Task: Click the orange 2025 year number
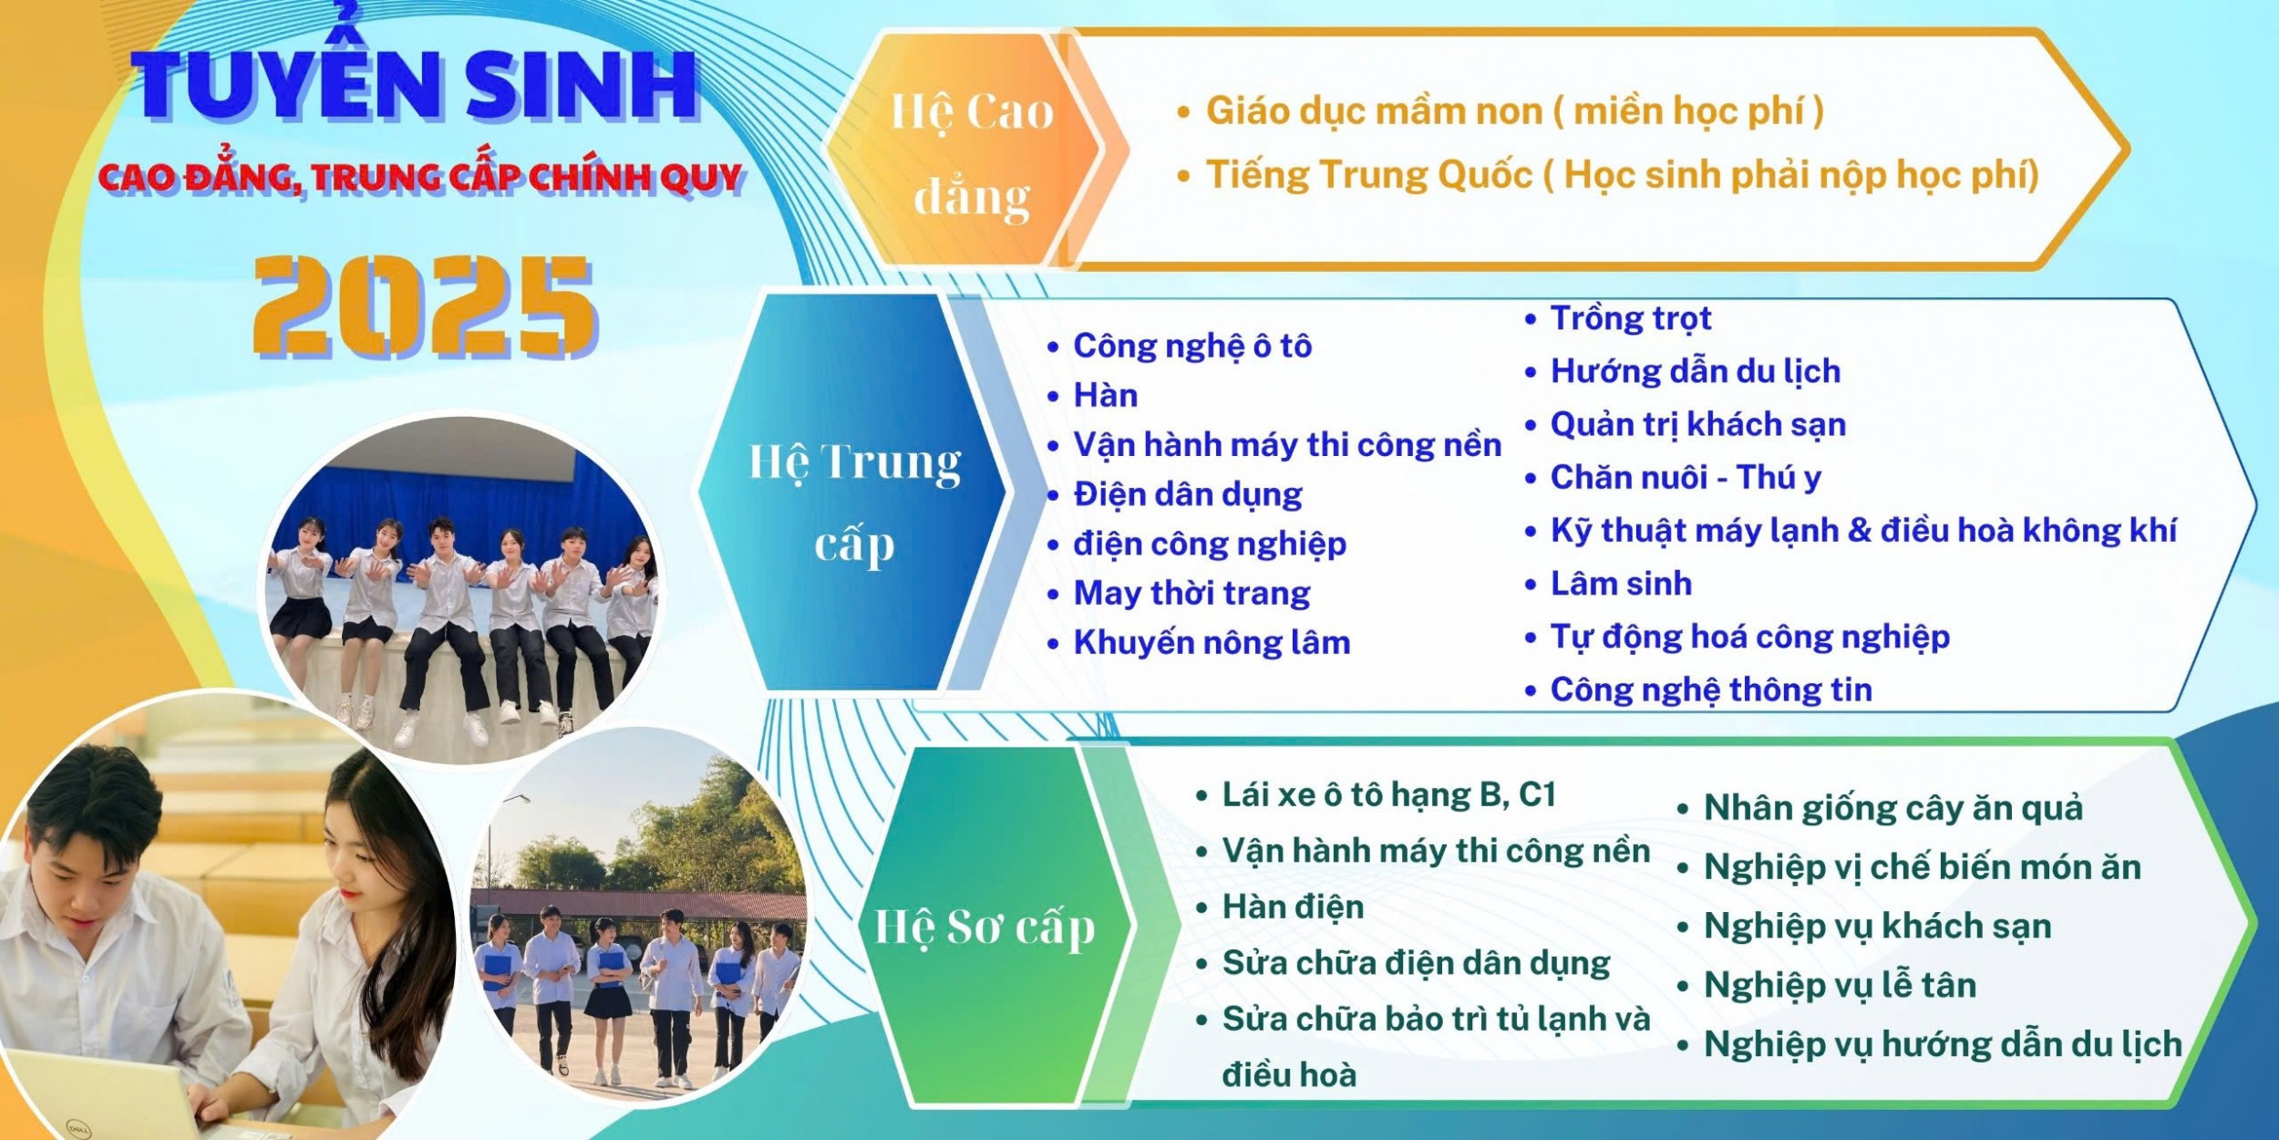[425, 306]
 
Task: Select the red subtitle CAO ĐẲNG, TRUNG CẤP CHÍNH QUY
[421, 176]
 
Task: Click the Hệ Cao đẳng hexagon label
[972, 152]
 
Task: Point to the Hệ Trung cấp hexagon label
[855, 503]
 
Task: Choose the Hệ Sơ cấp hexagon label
[985, 928]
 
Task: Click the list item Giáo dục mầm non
[1514, 111]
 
